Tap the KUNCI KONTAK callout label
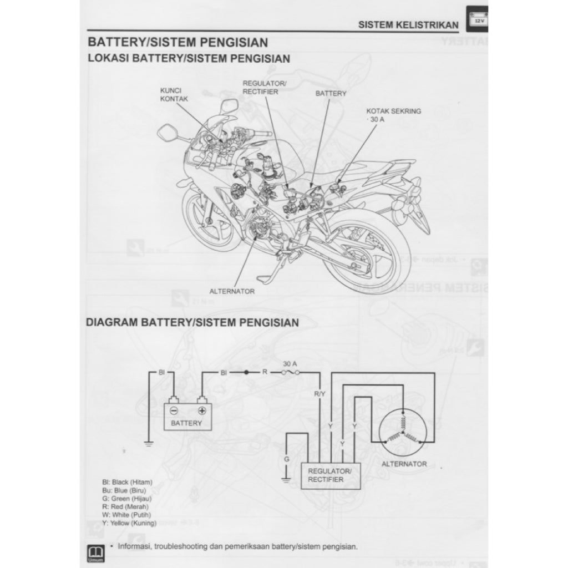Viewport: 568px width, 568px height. point(174,94)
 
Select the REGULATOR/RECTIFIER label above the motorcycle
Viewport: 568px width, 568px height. point(264,87)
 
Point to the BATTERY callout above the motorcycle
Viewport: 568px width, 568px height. point(331,94)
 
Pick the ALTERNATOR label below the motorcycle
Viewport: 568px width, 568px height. point(231,291)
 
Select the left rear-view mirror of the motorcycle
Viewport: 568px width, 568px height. point(166,133)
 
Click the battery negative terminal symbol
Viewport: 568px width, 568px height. point(174,410)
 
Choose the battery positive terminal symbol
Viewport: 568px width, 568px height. point(202,410)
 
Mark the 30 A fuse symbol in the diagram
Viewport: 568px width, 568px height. point(290,373)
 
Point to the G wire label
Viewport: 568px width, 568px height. point(286,459)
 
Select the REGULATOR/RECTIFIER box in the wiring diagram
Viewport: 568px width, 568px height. point(329,475)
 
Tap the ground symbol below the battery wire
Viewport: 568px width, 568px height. point(149,444)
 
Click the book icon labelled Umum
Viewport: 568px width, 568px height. point(93,552)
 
